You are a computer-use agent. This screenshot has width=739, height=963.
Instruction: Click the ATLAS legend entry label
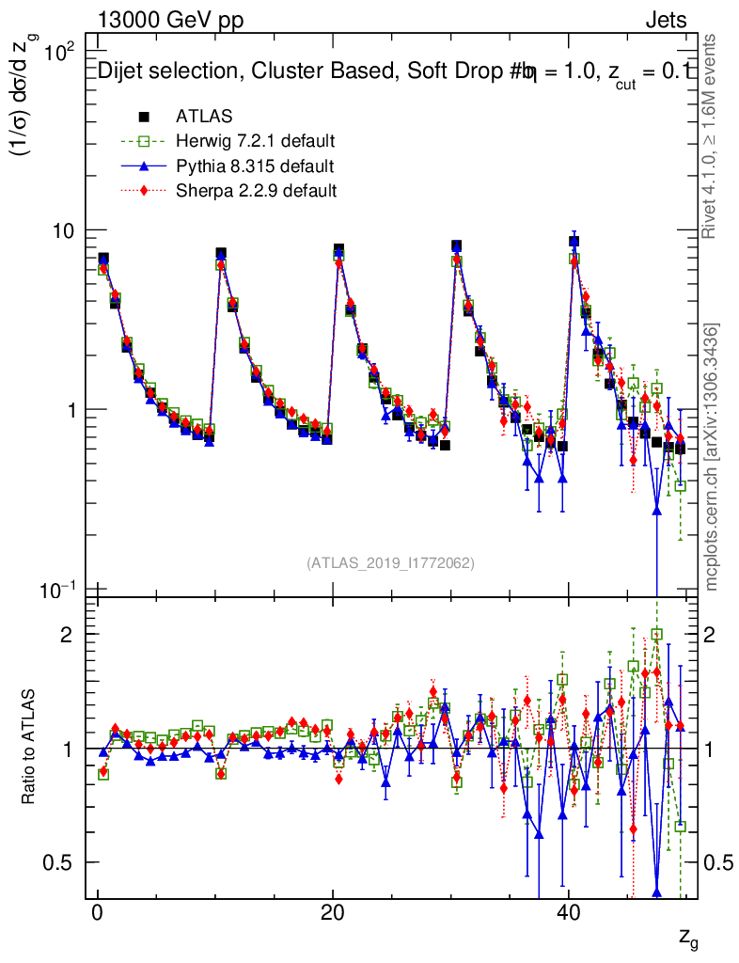[204, 118]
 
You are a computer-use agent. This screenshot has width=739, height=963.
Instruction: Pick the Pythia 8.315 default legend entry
[255, 166]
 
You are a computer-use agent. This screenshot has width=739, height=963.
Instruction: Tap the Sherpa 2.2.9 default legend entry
[257, 191]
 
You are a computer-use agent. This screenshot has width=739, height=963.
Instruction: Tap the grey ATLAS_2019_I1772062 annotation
[390, 563]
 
